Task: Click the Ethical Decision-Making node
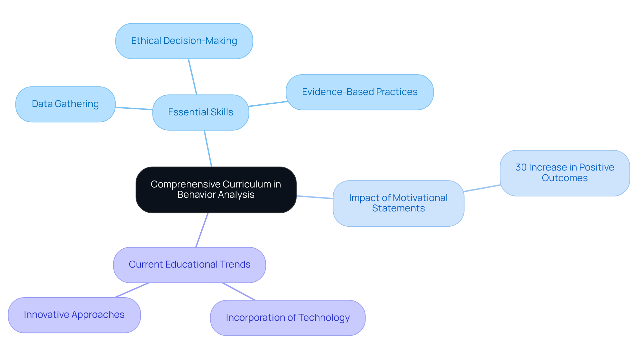184,41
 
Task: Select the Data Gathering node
65,104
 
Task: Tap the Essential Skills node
200,112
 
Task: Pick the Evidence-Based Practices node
360,92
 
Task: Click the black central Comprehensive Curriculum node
216,189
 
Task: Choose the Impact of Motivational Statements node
398,203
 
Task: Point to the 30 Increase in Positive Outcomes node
565,173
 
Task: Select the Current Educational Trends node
189,265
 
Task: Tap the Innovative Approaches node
74,315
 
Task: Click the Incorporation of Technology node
288,318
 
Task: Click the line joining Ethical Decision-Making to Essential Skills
193,77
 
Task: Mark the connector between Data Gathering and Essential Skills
134,108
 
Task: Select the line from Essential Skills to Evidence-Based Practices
268,104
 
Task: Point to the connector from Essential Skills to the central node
208,148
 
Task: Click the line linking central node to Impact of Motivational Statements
315,197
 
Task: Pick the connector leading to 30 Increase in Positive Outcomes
482,188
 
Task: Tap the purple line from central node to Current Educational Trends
202,230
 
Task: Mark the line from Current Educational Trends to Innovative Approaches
132,290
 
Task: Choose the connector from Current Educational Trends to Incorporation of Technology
239,291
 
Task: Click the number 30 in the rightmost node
521,167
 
